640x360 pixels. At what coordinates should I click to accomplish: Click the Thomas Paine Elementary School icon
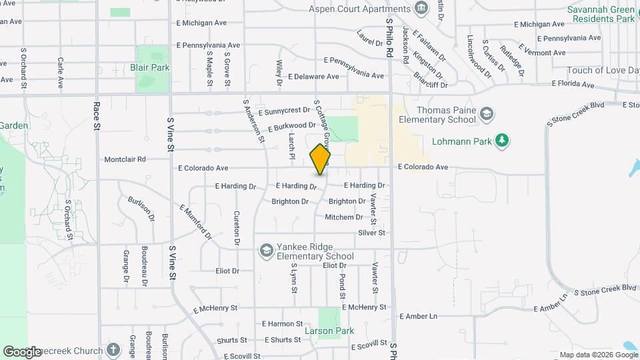pyautogui.click(x=487, y=114)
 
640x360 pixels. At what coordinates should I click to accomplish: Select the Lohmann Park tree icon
pyautogui.click(x=503, y=141)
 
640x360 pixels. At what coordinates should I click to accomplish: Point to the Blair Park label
pyautogui.click(x=150, y=67)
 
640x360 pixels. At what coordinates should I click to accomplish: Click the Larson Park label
pyautogui.click(x=329, y=331)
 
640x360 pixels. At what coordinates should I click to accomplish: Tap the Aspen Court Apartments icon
pyautogui.click(x=421, y=9)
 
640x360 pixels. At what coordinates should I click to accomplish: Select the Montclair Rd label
pyautogui.click(x=125, y=160)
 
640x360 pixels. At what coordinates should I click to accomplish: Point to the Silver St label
pyautogui.click(x=372, y=233)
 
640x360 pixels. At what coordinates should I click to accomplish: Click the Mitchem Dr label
pyautogui.click(x=344, y=217)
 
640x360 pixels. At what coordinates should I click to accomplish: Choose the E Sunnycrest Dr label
pyautogui.click(x=285, y=111)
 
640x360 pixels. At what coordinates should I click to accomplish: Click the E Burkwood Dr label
pyautogui.click(x=291, y=126)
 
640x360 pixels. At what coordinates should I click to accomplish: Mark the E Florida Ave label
pyautogui.click(x=573, y=85)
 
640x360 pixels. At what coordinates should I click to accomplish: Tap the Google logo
pyautogui.click(x=22, y=351)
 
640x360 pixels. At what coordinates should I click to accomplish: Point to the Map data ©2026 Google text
pyautogui.click(x=597, y=355)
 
